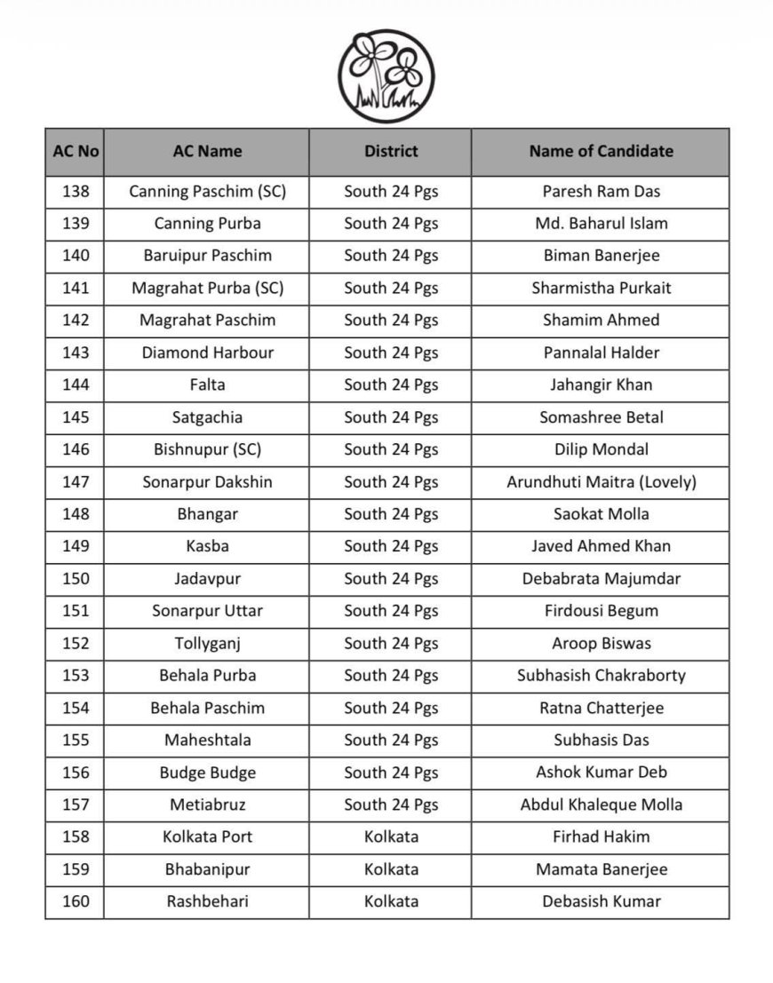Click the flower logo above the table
(x=386, y=76)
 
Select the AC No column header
(x=76, y=151)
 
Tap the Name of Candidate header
(x=601, y=151)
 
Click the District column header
(x=391, y=151)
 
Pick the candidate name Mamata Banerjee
(x=602, y=869)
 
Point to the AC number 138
(x=76, y=191)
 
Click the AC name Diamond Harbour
(x=208, y=353)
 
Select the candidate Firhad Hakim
(x=602, y=836)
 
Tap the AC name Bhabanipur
(x=208, y=869)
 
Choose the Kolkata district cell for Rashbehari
(x=391, y=901)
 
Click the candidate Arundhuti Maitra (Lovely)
(x=602, y=482)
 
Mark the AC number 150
(x=76, y=579)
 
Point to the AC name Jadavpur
(x=208, y=579)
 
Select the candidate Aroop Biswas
(x=602, y=643)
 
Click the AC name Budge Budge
(x=208, y=773)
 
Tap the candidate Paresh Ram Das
(x=602, y=191)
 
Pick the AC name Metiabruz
(x=208, y=805)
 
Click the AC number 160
(x=76, y=901)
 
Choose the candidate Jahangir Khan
(x=602, y=384)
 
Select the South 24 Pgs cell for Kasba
(x=391, y=546)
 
